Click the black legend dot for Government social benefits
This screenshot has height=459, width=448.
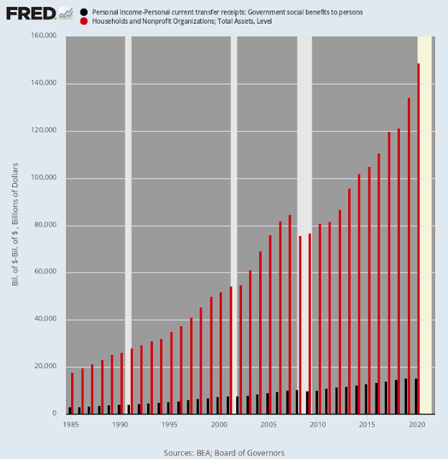(x=85, y=12)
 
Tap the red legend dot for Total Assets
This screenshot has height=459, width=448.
(x=85, y=22)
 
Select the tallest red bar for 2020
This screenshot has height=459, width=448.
(x=419, y=237)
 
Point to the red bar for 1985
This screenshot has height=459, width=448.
(x=72, y=393)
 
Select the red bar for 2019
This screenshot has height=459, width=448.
(x=409, y=255)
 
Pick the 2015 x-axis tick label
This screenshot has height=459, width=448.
(x=367, y=424)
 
